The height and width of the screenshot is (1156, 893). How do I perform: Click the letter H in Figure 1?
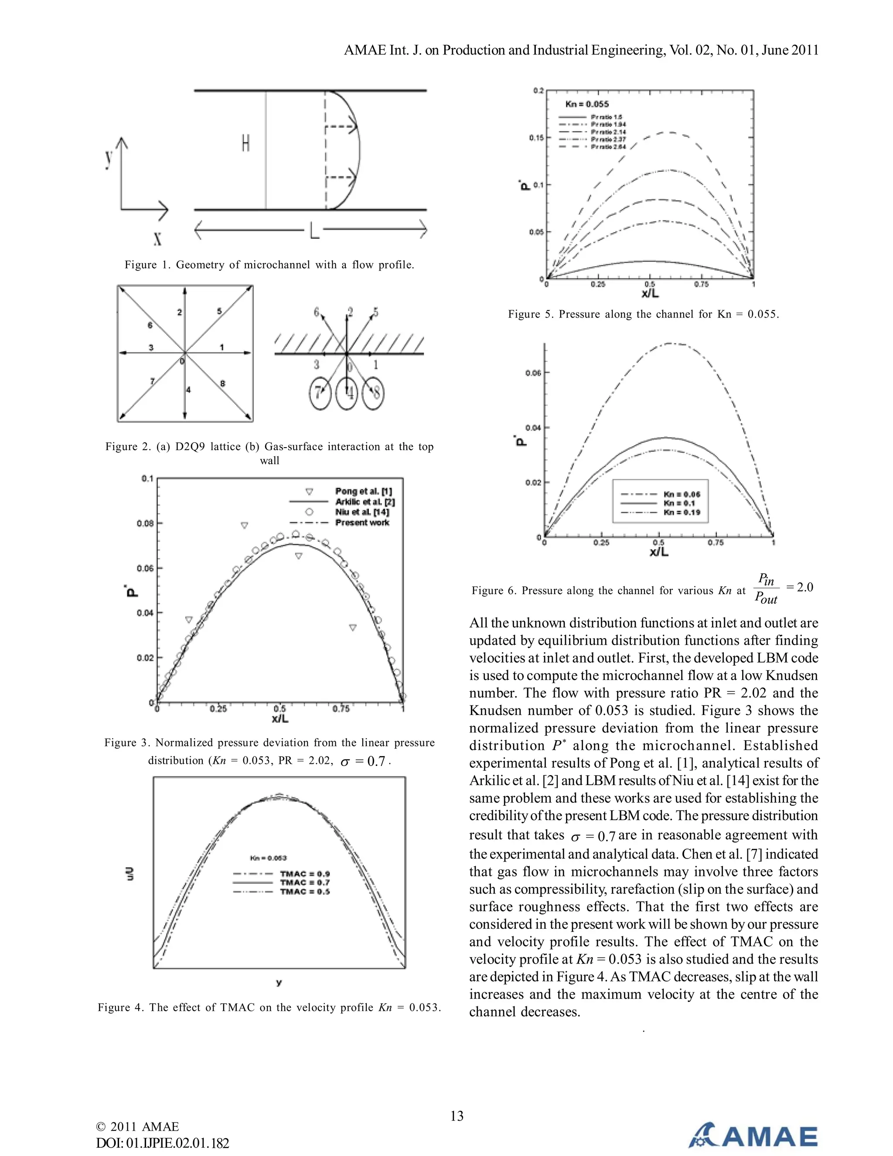click(245, 143)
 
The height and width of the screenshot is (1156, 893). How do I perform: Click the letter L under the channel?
click(314, 230)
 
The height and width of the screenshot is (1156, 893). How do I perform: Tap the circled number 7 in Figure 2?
click(320, 393)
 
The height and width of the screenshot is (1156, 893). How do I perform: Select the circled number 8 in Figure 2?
click(375, 393)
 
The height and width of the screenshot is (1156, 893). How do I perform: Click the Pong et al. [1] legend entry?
click(363, 491)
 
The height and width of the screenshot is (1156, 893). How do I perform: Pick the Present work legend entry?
click(362, 523)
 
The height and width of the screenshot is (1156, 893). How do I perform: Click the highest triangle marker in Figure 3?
click(245, 525)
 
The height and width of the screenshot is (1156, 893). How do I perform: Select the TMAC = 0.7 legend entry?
click(305, 882)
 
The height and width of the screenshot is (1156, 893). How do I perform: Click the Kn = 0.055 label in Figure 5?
click(587, 104)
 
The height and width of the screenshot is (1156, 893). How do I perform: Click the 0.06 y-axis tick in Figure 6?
click(533, 373)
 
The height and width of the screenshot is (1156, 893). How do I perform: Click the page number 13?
click(457, 1116)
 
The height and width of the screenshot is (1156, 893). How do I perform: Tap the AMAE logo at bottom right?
click(753, 1135)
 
